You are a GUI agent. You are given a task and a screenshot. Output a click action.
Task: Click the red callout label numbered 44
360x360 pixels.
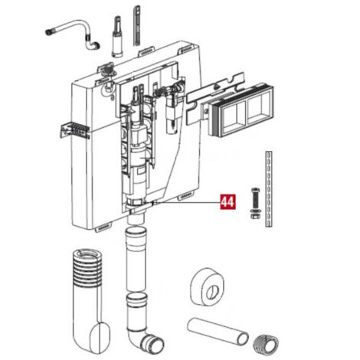click(x=227, y=202)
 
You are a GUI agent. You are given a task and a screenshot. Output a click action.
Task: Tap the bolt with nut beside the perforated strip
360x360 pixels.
click(x=255, y=204)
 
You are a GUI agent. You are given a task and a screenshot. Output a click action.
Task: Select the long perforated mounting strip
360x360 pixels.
click(x=269, y=188)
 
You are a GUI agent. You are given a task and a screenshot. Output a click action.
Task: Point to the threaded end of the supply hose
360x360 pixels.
click(x=49, y=32)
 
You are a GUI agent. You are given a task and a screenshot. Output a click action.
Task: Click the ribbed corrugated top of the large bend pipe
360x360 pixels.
click(x=87, y=267)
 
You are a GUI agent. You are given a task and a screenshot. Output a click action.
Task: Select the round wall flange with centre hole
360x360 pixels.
click(x=208, y=287)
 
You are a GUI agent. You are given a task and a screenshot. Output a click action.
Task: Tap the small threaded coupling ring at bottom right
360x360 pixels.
click(x=266, y=343)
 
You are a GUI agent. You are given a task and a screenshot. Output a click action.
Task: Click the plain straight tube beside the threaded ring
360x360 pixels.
click(x=218, y=331)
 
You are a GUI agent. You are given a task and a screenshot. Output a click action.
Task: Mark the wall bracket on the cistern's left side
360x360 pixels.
click(x=75, y=130)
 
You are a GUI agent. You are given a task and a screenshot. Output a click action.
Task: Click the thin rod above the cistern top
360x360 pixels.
click(x=137, y=25)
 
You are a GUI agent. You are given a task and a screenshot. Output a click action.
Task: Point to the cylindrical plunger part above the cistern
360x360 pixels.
click(x=117, y=36)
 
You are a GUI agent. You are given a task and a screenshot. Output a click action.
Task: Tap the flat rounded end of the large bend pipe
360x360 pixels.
click(x=100, y=337)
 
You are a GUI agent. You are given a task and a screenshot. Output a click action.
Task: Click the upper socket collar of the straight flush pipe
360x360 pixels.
click(x=136, y=234)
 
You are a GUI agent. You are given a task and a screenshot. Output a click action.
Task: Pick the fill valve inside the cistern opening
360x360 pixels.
click(x=171, y=107)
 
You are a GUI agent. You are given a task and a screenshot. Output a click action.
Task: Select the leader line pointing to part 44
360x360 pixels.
click(x=186, y=203)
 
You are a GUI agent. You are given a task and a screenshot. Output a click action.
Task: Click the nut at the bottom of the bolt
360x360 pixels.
click(x=255, y=216)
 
